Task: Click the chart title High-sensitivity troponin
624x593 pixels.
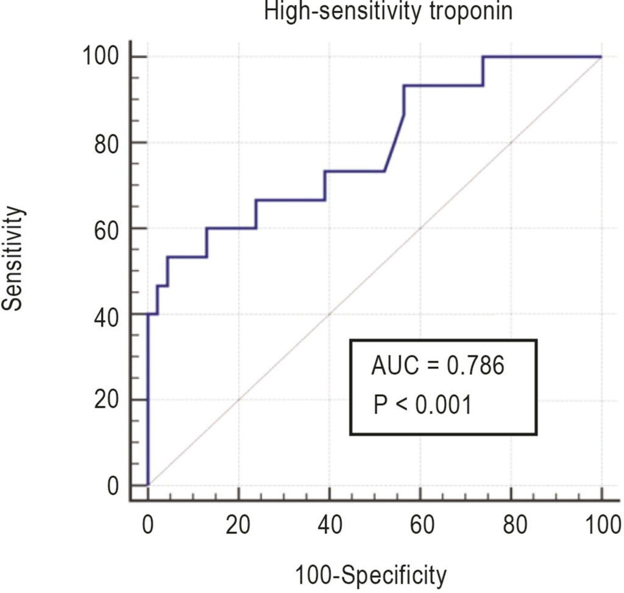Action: coord(388,11)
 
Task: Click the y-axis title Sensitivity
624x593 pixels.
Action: coord(12,258)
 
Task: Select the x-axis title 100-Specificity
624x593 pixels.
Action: coord(370,575)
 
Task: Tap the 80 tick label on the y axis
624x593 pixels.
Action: coord(107,144)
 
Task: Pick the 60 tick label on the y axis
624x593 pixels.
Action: coord(107,231)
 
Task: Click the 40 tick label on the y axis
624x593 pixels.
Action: coord(107,318)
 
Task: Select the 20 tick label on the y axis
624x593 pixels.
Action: coord(107,400)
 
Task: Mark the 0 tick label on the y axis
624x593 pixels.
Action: coord(113,486)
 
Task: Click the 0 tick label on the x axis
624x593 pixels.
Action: coord(147,525)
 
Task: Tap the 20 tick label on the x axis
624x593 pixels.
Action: coord(238,525)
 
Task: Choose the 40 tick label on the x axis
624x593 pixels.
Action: coord(330,525)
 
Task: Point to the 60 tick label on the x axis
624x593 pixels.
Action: coord(422,525)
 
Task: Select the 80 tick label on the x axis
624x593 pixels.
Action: coord(515,525)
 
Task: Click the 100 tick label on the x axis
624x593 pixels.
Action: coord(603,525)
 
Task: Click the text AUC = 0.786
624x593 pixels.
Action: coord(438,365)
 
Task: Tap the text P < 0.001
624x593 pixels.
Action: coord(423,405)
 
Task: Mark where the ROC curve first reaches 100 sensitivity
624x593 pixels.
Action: coord(483,57)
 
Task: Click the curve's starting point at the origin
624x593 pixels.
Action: coord(148,485)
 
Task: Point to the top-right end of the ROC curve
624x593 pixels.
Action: coord(601,57)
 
